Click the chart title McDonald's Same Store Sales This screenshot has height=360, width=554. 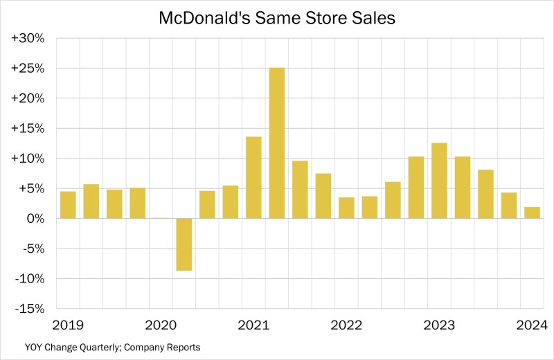pyautogui.click(x=277, y=17)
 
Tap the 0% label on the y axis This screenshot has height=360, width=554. pyautogui.click(x=34, y=219)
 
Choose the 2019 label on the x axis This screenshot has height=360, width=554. pyautogui.click(x=67, y=324)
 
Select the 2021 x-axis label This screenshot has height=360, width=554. pyautogui.click(x=253, y=324)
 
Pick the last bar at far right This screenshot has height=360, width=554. pyautogui.click(x=531, y=213)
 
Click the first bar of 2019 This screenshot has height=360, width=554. pyautogui.click(x=68, y=205)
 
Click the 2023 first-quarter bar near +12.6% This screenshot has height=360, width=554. pyautogui.click(x=439, y=181)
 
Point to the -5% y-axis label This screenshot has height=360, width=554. pyautogui.click(x=32, y=249)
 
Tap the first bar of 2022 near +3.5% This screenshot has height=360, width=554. pyautogui.click(x=346, y=208)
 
